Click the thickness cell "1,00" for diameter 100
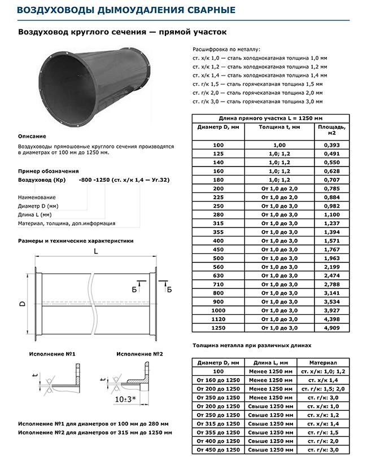[x=272, y=145]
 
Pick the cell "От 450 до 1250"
[x=218, y=449]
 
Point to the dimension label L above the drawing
[x=95, y=252]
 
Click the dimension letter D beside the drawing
[x=21, y=304]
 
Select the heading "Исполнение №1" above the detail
[x=48, y=353]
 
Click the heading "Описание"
[x=32, y=136]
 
